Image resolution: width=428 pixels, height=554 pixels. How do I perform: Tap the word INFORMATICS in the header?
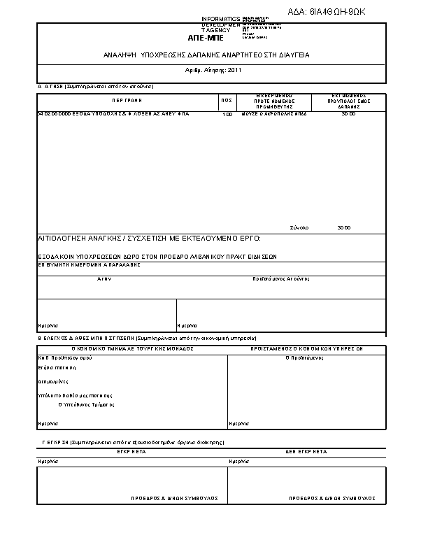pyautogui.click(x=220, y=18)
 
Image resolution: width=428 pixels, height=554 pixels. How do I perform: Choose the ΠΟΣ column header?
pyautogui.click(x=227, y=101)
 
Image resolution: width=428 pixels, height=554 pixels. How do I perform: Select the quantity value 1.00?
pyautogui.click(x=227, y=114)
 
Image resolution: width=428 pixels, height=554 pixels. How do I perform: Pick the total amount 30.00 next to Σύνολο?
pyautogui.click(x=343, y=228)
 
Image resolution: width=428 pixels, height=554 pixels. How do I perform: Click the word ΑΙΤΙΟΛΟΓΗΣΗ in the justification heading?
pyautogui.click(x=64, y=239)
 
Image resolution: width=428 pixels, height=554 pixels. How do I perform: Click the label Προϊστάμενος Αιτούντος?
pyautogui.click(x=280, y=278)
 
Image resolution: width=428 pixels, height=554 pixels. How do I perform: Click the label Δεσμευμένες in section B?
pyautogui.click(x=52, y=382)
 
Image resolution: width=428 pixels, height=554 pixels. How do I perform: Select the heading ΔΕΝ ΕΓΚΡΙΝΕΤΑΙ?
pyautogui.click(x=306, y=453)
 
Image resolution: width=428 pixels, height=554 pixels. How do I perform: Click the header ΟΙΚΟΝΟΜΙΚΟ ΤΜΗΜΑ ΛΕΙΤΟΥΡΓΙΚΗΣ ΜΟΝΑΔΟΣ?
pyautogui.click(x=132, y=348)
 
